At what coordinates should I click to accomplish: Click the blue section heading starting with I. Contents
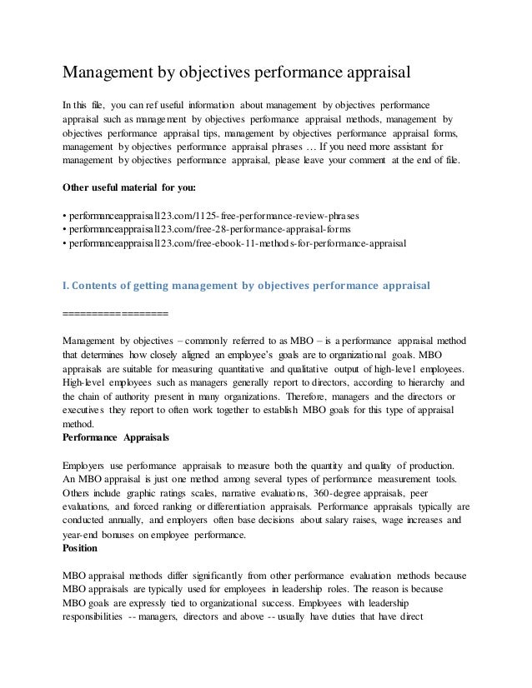[247, 285]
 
